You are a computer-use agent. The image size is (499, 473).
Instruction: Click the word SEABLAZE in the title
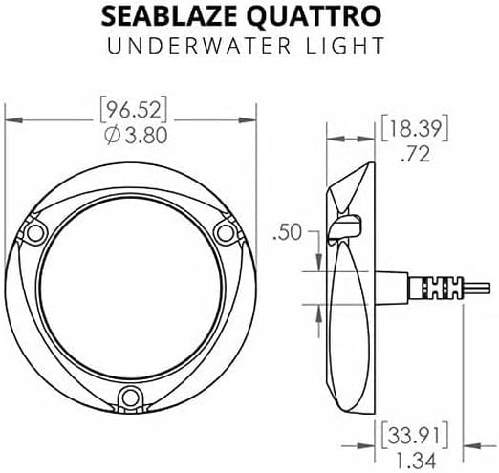169,16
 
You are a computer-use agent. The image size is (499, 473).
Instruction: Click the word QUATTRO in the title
314,16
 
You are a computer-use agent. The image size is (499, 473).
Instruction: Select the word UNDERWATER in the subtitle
199,46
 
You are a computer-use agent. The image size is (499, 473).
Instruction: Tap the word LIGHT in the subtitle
345,46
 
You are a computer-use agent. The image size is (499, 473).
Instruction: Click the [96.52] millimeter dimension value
134,111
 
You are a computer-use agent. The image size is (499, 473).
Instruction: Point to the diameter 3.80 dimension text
136,135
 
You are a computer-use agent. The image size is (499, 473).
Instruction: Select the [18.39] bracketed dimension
415,128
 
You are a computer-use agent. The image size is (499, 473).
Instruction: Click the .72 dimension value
416,154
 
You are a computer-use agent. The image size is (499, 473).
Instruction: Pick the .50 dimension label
287,232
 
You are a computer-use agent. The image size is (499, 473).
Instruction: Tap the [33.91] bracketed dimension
415,434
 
